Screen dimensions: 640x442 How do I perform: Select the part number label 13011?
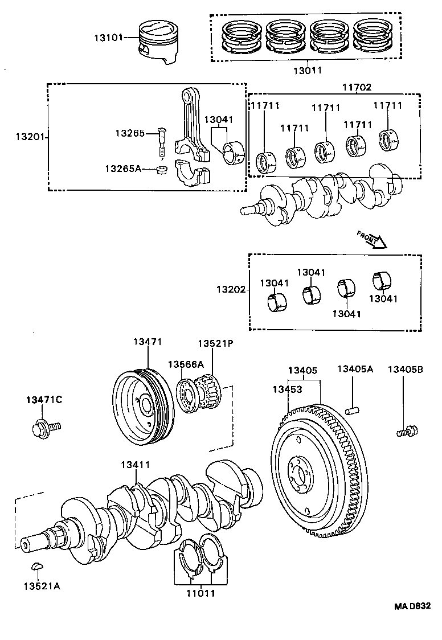pos(308,71)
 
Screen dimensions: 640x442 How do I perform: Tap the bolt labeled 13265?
pos(161,142)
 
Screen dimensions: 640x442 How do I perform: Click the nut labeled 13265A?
pos(161,169)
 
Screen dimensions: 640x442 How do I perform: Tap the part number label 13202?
pos(230,289)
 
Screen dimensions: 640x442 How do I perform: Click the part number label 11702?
pos(357,87)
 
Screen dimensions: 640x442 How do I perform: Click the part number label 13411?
pos(135,465)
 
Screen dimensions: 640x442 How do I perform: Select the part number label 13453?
pos(287,389)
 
